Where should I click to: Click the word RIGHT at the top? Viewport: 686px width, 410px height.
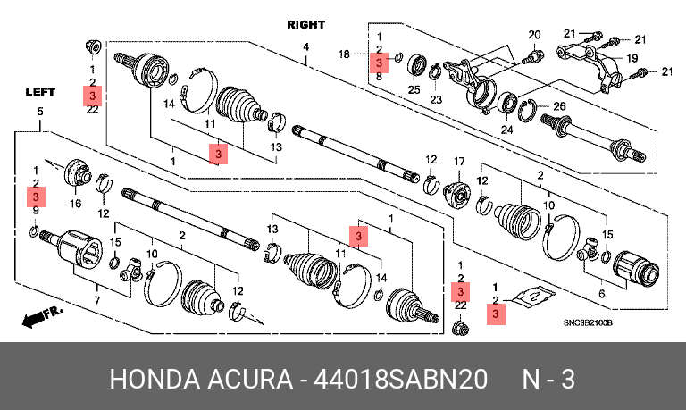point(305,25)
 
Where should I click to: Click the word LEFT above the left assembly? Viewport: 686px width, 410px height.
point(40,91)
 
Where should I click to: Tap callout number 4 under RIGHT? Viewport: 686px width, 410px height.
point(305,47)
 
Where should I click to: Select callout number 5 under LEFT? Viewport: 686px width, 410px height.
point(39,111)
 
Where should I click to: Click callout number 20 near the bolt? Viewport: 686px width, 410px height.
point(534,36)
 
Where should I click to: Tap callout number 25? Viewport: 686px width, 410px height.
point(414,89)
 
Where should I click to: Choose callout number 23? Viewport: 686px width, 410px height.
point(436,99)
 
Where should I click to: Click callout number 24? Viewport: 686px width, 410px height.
point(507,130)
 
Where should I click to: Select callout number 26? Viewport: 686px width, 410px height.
point(559,107)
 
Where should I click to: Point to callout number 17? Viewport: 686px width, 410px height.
point(461,162)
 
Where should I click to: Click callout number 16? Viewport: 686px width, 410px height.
point(75,205)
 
